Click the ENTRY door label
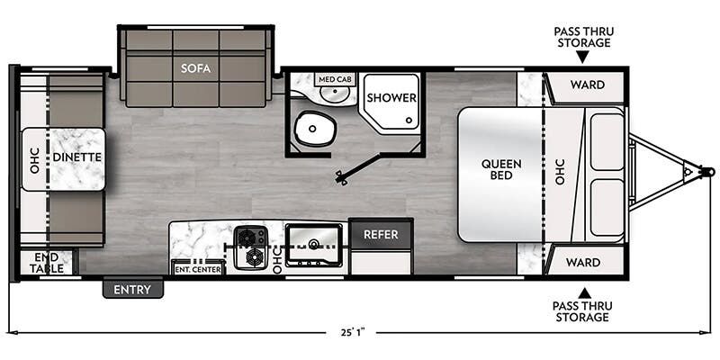coord(132,290)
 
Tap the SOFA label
coord(195,68)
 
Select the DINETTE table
coord(63,159)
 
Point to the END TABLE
coord(48,263)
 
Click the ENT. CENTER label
coord(198,269)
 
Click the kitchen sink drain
coord(314,243)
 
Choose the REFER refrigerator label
coord(381,235)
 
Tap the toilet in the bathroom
coord(315,128)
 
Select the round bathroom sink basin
coord(334,94)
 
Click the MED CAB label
coord(335,79)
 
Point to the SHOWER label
coord(391,98)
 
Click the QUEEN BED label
coord(501,169)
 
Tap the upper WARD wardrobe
coord(588,87)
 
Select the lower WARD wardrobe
coord(582,262)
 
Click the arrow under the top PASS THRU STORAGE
coord(582,57)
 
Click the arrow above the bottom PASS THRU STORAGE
coord(583,293)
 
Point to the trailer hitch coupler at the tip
coord(709,172)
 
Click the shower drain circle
coord(409,121)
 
